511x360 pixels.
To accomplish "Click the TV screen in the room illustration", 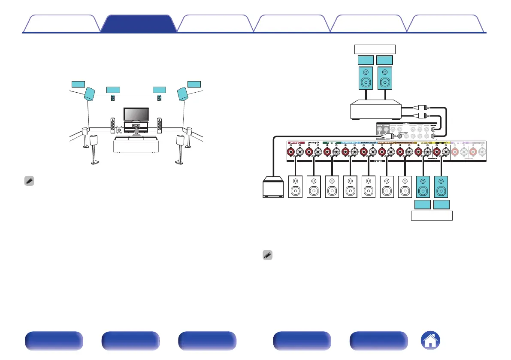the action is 136,114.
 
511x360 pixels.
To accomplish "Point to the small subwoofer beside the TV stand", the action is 119,128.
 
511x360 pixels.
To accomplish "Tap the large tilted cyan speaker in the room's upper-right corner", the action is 182,94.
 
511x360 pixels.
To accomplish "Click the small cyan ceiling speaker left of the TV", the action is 113,98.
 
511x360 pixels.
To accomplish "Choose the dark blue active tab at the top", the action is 138,24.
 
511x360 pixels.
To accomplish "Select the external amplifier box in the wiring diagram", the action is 375,110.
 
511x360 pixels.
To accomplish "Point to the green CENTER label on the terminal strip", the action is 331,142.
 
